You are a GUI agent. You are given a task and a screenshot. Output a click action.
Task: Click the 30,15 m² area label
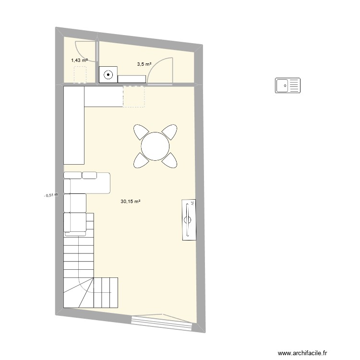(131, 202)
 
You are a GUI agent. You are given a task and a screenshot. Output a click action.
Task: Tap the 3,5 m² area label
(144, 64)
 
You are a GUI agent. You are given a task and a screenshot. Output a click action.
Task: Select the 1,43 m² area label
(79, 60)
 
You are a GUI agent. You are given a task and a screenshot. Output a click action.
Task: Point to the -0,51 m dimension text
(50, 195)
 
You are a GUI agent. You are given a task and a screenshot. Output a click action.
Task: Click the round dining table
(155, 146)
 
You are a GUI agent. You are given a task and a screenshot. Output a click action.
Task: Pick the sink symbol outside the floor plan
(288, 85)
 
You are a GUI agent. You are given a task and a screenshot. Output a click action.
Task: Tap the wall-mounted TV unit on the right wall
(190, 220)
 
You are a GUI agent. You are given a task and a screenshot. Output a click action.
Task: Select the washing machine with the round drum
(108, 74)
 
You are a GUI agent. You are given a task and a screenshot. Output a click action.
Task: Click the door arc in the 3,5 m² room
(159, 70)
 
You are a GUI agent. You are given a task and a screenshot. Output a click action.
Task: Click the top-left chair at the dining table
(141, 131)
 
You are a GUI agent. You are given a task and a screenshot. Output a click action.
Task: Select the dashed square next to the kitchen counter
(134, 96)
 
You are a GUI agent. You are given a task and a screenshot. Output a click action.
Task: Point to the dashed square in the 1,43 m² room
(80, 74)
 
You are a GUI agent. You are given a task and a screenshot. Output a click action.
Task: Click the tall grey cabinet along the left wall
(74, 125)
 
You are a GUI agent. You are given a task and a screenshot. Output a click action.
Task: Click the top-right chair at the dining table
(170, 131)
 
